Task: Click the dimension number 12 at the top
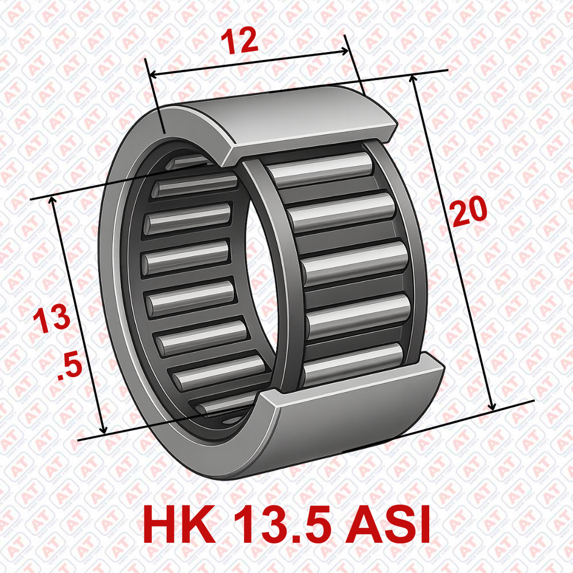coord(239,41)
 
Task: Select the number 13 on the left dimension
coord(51,318)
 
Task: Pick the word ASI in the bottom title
coord(388,524)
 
